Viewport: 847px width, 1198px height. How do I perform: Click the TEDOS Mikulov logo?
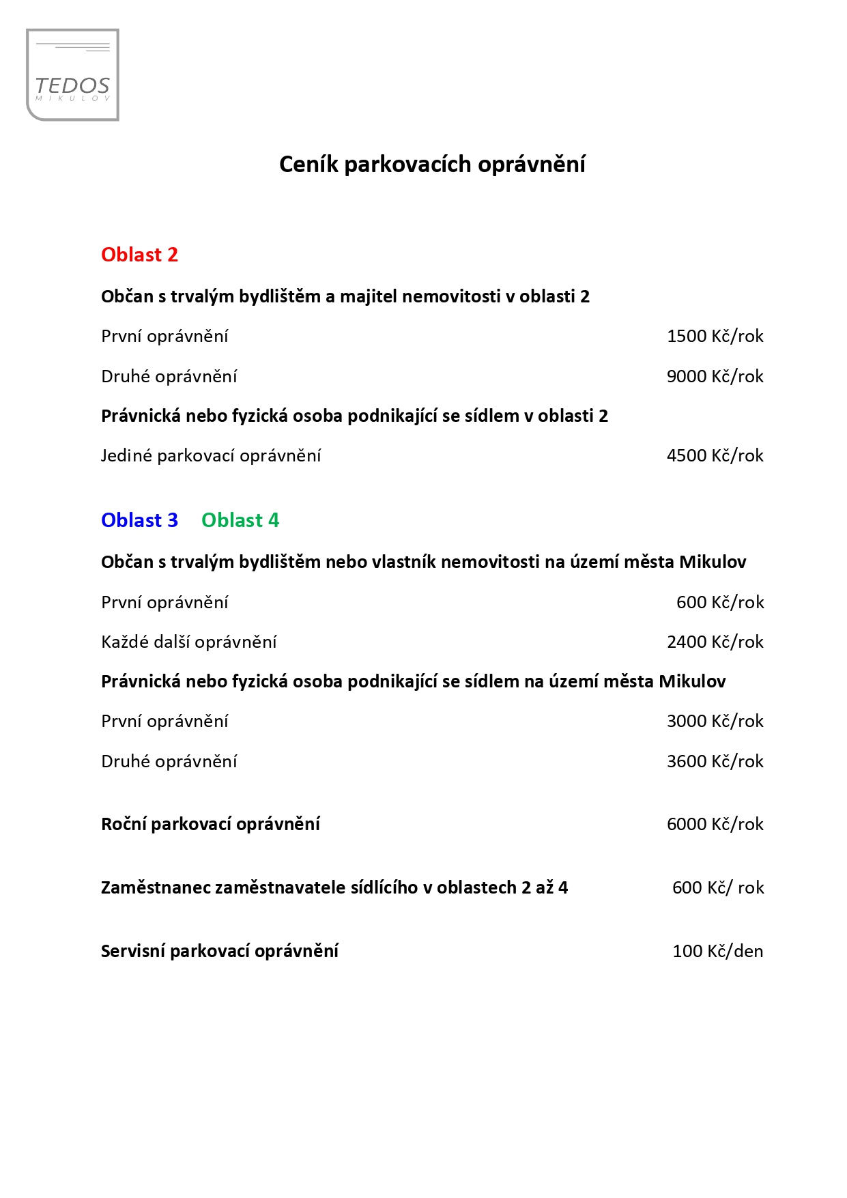click(72, 75)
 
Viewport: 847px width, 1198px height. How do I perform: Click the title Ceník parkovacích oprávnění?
click(432, 165)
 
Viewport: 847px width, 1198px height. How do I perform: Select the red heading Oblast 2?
click(139, 255)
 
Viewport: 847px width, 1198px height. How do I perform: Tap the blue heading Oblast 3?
click(139, 520)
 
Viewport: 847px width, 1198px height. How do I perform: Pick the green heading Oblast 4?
click(240, 520)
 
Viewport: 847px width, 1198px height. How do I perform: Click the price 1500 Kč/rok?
click(715, 336)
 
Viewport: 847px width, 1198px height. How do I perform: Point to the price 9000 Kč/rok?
click(715, 376)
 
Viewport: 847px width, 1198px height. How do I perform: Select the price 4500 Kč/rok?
click(715, 455)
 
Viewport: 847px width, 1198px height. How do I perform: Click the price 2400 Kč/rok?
click(715, 642)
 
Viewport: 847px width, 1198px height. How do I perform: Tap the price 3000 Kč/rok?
click(715, 721)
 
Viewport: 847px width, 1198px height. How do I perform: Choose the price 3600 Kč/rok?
click(715, 761)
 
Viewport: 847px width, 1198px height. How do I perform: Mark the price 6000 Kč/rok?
click(715, 824)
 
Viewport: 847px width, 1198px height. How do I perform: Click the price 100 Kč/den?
click(717, 951)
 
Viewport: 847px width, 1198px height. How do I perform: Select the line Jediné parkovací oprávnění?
click(211, 455)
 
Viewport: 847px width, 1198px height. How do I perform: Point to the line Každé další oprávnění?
click(189, 642)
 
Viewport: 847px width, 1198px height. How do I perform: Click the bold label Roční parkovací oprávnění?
click(210, 824)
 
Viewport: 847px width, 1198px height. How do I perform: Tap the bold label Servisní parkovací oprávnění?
click(220, 951)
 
